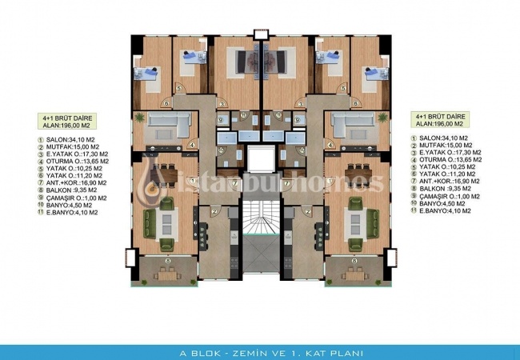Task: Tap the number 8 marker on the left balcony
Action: (166, 261)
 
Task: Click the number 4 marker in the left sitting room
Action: (193, 144)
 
